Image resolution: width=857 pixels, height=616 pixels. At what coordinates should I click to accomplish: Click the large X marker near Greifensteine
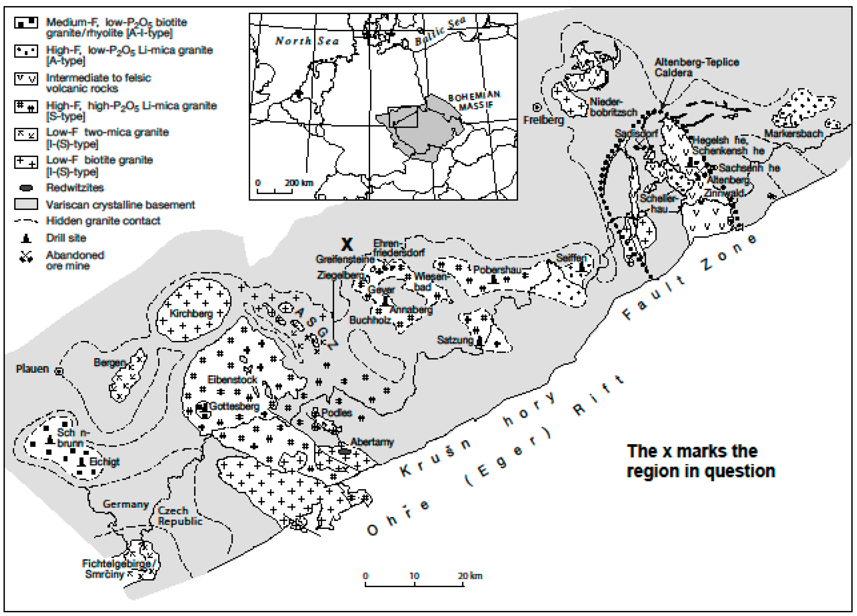pos(346,244)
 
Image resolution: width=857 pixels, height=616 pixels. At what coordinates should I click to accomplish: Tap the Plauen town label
pos(33,369)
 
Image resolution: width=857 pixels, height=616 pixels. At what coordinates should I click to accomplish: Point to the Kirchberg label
pos(191,313)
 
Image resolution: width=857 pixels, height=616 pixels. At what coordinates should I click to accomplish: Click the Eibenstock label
pos(232,379)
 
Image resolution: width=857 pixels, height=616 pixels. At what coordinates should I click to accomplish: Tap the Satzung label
pos(455,340)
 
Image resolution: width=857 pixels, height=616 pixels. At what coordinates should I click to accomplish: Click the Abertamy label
pos(372,442)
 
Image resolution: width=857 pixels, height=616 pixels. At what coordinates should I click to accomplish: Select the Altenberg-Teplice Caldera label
pos(696,67)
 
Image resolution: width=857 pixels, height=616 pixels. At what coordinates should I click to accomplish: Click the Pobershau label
pos(497,270)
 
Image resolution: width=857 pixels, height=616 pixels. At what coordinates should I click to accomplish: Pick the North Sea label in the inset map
pos(306,41)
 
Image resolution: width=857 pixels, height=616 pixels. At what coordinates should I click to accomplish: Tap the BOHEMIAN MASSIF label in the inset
pos(474,100)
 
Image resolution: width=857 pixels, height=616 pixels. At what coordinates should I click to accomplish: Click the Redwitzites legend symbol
pos(26,188)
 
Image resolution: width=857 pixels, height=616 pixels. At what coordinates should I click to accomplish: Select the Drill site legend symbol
pos(26,238)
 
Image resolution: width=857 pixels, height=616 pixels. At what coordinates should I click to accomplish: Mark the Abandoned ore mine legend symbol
pos(26,257)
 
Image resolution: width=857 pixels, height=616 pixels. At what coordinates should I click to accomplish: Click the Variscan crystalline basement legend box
pos(26,204)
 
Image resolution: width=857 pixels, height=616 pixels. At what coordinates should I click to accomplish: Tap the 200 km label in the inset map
pos(299,183)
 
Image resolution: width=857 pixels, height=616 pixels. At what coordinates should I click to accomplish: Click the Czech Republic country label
pos(179,516)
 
